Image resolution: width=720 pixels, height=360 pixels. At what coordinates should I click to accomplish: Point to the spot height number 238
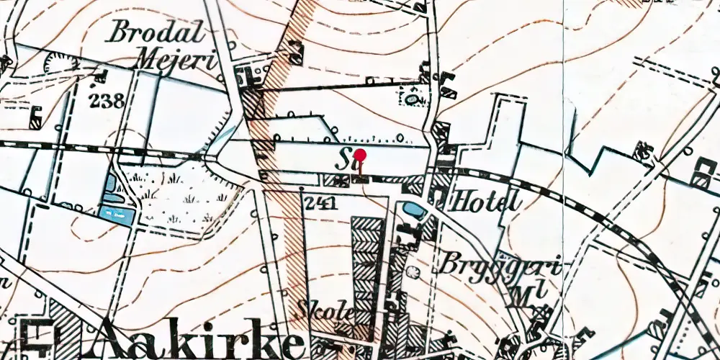107,100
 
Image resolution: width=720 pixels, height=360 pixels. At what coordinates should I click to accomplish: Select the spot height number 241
321,204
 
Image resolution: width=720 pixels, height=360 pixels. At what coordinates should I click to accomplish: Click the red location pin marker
361,155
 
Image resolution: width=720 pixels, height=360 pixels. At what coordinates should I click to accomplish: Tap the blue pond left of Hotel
414,210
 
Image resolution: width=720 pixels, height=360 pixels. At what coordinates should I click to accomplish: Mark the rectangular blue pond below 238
116,214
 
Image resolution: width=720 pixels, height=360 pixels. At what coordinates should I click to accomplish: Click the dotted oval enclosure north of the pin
415,96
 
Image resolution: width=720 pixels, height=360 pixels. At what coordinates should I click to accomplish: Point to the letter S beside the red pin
343,158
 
